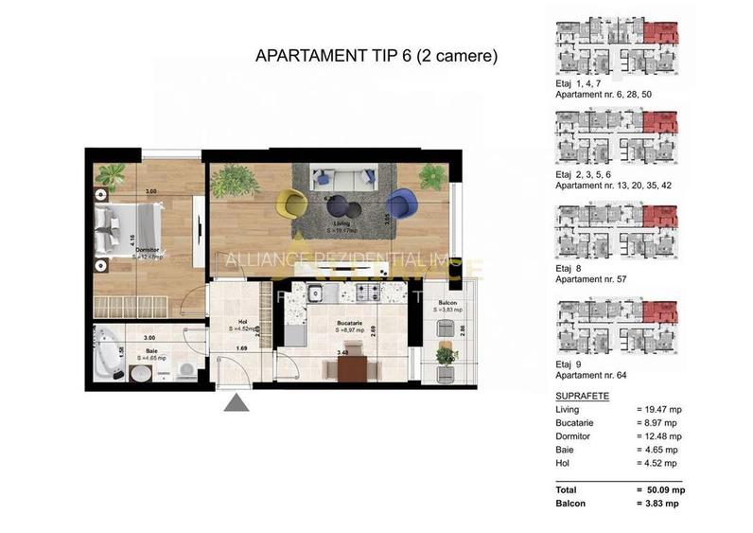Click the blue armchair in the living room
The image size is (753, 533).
click(x=400, y=203)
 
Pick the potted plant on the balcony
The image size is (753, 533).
click(x=445, y=356)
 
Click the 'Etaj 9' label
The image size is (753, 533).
click(x=570, y=362)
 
